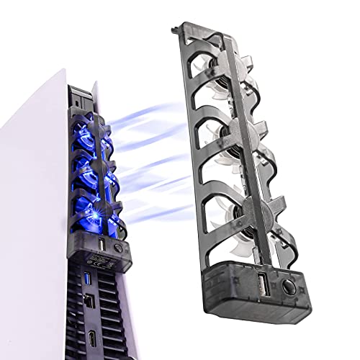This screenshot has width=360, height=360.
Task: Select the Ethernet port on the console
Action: click(x=89, y=296)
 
